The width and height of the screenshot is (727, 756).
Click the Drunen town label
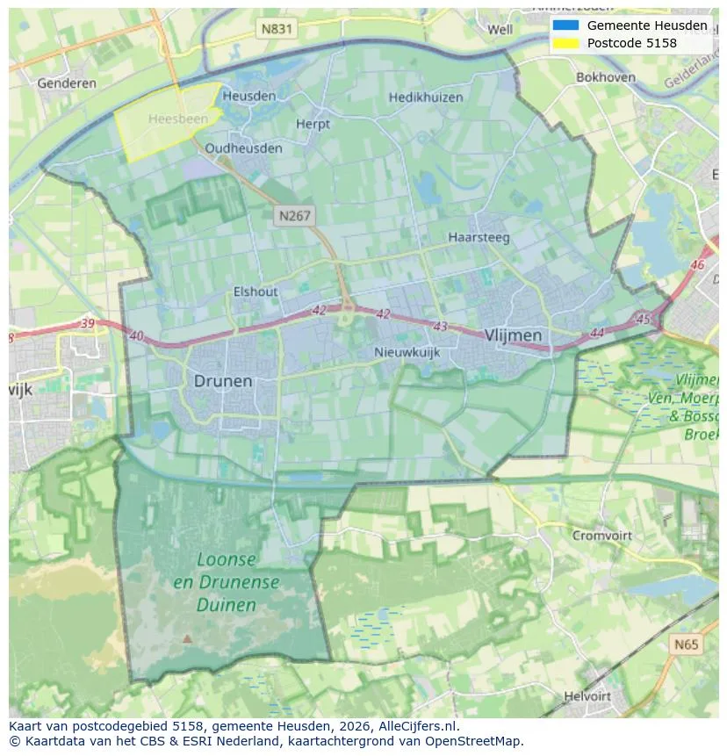223,381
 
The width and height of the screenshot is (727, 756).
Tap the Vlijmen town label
513,335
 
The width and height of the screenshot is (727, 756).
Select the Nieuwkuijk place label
407,352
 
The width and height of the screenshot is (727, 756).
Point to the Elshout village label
256,292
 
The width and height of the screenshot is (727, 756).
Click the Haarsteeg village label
479,237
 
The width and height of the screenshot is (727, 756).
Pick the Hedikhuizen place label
425,97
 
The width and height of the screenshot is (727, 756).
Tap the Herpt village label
313,125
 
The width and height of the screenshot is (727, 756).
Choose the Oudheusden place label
243,148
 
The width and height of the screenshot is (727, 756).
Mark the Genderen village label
67,83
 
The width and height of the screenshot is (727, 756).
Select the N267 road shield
295,215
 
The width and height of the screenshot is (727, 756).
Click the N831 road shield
277,29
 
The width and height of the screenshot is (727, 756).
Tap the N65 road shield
687,644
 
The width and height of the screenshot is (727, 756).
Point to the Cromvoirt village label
602,535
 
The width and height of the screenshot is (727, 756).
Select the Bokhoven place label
605,77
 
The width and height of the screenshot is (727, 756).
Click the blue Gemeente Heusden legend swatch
565,25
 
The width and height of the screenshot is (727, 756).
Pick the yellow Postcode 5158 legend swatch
565,43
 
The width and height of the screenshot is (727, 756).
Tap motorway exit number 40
136,335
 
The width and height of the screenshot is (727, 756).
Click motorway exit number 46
698,264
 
